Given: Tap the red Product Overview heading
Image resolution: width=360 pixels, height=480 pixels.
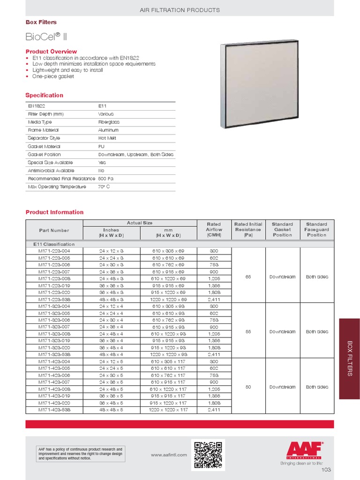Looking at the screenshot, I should (51, 51).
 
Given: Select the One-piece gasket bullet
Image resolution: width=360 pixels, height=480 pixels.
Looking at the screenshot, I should (52, 76).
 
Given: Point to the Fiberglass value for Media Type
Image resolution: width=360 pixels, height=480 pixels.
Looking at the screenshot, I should (109, 122).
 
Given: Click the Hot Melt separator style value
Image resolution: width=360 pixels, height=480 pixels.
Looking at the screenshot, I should (107, 138).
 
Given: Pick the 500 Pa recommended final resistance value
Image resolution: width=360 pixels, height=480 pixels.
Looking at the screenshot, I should (106, 179).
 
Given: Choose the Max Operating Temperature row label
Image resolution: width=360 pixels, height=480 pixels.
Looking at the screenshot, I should (57, 187).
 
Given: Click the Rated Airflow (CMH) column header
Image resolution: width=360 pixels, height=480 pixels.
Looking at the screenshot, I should (213, 230).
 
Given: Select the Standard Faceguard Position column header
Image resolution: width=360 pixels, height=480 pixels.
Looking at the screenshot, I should (316, 230).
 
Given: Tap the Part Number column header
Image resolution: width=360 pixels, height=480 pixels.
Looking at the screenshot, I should (54, 230).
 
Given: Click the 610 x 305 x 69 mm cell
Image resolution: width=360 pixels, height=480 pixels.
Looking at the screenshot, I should (168, 251).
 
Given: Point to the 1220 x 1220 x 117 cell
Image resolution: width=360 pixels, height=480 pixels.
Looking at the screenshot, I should (168, 410).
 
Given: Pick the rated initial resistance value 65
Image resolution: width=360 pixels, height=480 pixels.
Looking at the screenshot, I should (248, 277).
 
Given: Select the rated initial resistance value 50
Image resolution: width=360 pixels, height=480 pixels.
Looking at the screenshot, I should (248, 387).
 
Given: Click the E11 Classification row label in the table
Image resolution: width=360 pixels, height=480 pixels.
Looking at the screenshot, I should (53, 244).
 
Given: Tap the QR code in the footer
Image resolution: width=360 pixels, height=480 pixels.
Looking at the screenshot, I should (208, 454).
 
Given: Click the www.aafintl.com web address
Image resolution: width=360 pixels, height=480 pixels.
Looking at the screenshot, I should (169, 455).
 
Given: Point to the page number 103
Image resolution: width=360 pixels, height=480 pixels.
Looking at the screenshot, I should (326, 470).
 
